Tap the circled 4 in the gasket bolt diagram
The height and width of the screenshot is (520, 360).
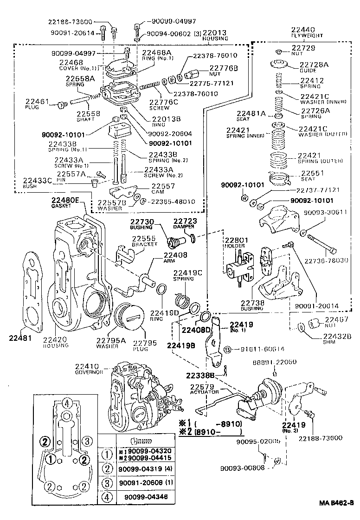(x=67, y=403)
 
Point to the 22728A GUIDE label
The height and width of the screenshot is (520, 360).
(x=312, y=67)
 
